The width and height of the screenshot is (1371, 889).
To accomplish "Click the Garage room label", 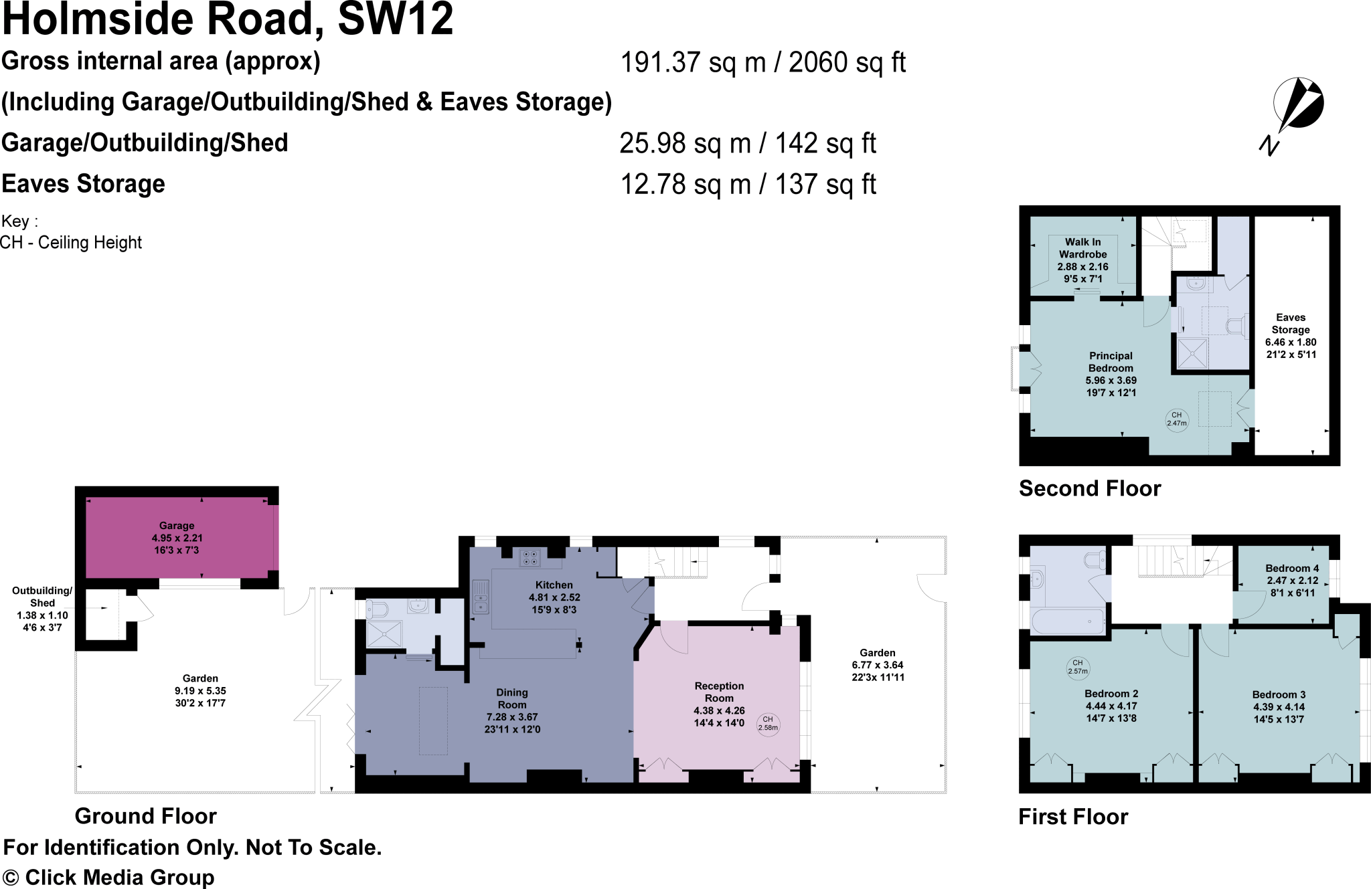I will [177, 526].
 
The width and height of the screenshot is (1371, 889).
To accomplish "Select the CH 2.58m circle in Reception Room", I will [768, 724].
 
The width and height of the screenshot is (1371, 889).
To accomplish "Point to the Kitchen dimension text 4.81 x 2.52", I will [554, 597].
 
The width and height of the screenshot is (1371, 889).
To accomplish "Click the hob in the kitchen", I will [530, 558].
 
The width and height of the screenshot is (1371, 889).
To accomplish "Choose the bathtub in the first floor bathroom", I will [1068, 621].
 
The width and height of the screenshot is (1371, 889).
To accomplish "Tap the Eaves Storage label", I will [1291, 324].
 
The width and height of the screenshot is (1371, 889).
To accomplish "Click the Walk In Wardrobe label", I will [1082, 248].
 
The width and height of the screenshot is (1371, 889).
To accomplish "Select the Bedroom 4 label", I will [1292, 568].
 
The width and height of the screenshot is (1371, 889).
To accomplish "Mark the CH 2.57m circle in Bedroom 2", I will [1078, 667].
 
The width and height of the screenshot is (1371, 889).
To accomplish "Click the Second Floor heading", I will [1089, 489].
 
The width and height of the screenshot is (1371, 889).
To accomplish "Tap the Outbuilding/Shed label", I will [42, 597].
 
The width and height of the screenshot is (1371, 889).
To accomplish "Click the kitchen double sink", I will [481, 597].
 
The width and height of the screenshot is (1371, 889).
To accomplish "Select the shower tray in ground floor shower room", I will [384, 634].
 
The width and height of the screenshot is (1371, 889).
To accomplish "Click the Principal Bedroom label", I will [1111, 362].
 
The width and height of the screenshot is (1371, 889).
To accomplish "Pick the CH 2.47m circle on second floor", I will [1177, 419].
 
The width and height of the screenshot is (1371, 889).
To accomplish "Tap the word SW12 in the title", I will [395, 19].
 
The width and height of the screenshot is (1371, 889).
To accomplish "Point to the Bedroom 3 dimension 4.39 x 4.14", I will [1279, 707].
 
